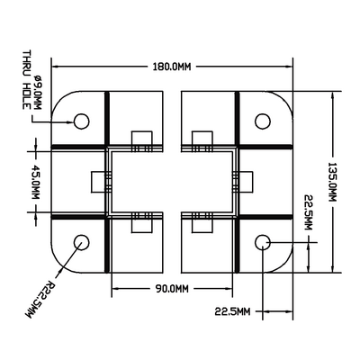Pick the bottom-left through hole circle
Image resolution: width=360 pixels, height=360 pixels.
[81, 242]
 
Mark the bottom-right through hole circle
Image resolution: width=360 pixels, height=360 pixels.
[264, 242]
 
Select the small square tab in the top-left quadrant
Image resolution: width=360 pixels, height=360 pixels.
[140, 141]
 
